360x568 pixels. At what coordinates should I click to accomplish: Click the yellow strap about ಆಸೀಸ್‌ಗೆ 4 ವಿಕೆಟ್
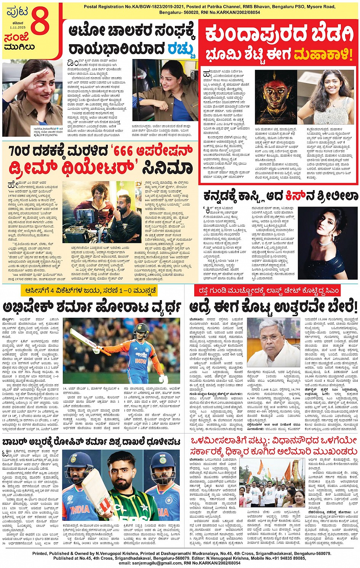(x=89, y=291)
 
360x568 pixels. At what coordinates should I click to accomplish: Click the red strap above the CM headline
(x=272, y=291)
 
